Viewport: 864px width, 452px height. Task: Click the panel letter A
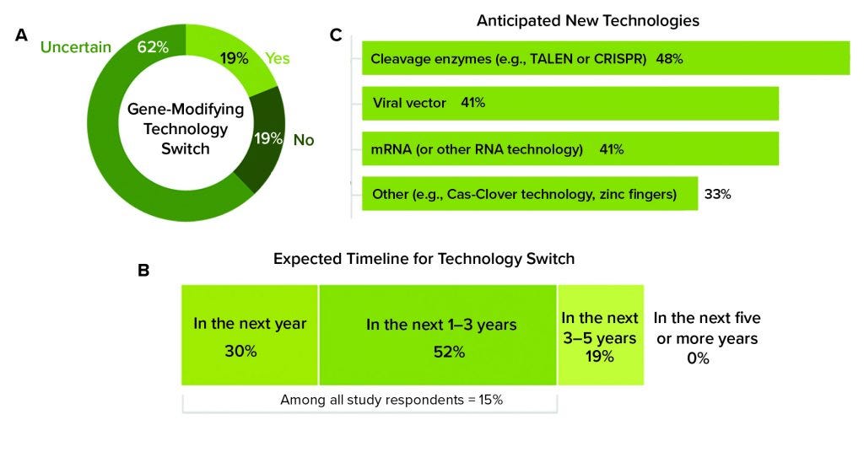coord(22,37)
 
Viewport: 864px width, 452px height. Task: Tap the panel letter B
coord(144,271)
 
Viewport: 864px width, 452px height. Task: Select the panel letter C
coord(337,37)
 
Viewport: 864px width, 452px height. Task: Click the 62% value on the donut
coord(153,47)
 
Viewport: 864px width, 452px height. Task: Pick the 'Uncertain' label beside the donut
coord(76,47)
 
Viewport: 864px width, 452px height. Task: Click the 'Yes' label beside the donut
coord(278,58)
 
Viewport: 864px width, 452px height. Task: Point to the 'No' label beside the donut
coord(304,139)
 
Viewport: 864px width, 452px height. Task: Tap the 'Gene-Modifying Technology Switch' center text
coord(185,129)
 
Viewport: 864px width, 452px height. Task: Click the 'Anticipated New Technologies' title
coord(587,20)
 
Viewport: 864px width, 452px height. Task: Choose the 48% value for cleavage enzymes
coord(669,60)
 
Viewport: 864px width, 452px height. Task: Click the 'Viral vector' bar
coord(570,103)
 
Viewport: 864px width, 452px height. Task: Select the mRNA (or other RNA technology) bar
coord(570,149)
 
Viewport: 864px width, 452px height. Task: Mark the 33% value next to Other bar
coord(717,194)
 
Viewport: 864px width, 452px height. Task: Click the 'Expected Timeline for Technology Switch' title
coord(424,259)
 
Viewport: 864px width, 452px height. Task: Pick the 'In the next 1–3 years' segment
coord(437,336)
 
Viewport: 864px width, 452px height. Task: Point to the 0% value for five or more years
coord(697,358)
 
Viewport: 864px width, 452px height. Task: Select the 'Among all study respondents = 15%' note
coord(391,400)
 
